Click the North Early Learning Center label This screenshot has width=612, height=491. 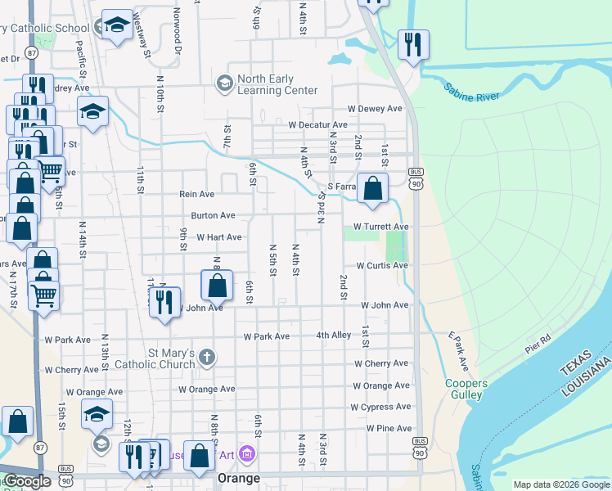point(277,84)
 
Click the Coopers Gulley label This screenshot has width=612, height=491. point(466,389)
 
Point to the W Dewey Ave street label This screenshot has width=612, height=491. point(375,108)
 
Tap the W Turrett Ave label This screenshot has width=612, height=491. point(380,227)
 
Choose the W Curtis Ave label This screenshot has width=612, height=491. point(381,265)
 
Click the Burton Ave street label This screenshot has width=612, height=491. point(213,215)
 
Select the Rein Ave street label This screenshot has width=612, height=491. point(196,194)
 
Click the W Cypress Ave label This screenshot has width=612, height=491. point(380,407)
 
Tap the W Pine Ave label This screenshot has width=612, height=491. point(389,428)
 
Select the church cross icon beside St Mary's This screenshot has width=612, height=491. point(208,357)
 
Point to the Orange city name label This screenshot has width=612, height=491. point(238,477)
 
